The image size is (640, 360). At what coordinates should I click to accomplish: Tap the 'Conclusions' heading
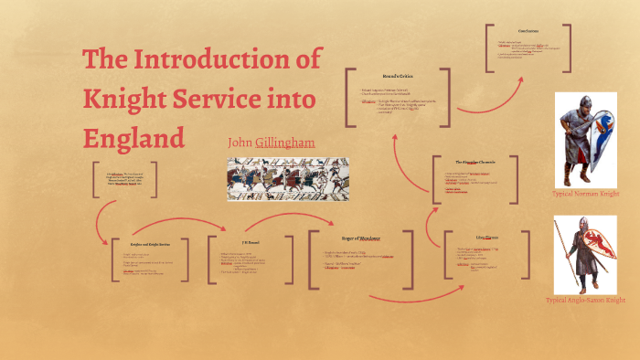click(x=528, y=32)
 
